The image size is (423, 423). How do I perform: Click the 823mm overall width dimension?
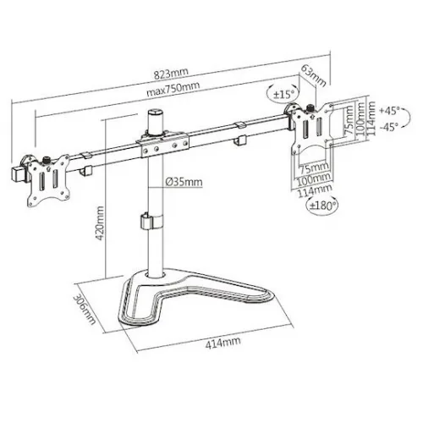[171, 73]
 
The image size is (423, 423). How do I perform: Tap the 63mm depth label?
[314, 75]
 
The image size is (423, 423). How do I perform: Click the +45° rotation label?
[390, 111]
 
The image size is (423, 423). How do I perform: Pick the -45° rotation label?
[389, 127]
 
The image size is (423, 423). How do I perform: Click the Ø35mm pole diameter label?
[184, 182]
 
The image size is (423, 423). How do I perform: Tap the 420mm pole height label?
[100, 223]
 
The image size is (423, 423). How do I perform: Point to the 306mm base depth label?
[85, 309]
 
